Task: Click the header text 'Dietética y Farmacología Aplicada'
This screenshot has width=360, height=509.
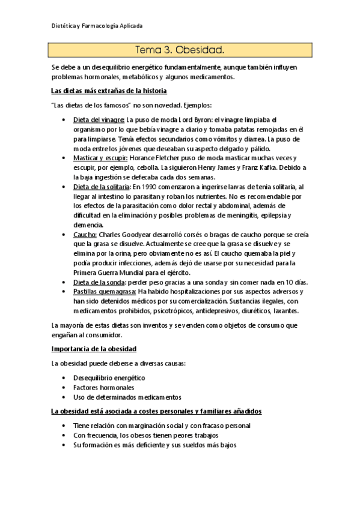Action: coord(96,26)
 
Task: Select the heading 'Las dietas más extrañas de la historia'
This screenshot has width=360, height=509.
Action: coord(109,91)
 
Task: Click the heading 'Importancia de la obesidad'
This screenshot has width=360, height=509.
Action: coord(94,349)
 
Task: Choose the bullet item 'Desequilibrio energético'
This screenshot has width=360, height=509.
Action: coord(109,378)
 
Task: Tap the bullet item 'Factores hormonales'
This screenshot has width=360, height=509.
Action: coord(104,388)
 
